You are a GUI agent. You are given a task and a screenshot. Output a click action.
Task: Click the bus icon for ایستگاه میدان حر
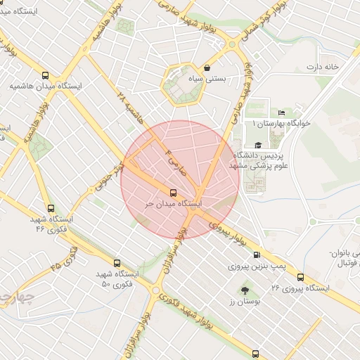coord(173,192)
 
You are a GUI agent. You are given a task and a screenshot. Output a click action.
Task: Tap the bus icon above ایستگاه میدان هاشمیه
coord(46,75)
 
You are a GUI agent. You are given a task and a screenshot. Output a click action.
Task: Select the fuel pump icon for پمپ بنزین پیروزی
coord(256,255)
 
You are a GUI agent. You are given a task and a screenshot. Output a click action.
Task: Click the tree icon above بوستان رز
coord(245,290)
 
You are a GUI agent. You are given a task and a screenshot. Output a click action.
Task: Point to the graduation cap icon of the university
coord(258,144)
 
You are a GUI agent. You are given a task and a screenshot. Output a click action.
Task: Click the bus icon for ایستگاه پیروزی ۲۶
coord(301,277)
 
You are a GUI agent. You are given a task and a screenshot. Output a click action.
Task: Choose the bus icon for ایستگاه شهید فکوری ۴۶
coord(50,208)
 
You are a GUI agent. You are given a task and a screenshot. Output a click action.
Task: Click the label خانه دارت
coord(322,67)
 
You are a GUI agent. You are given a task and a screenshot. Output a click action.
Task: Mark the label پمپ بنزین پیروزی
coord(258,267)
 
